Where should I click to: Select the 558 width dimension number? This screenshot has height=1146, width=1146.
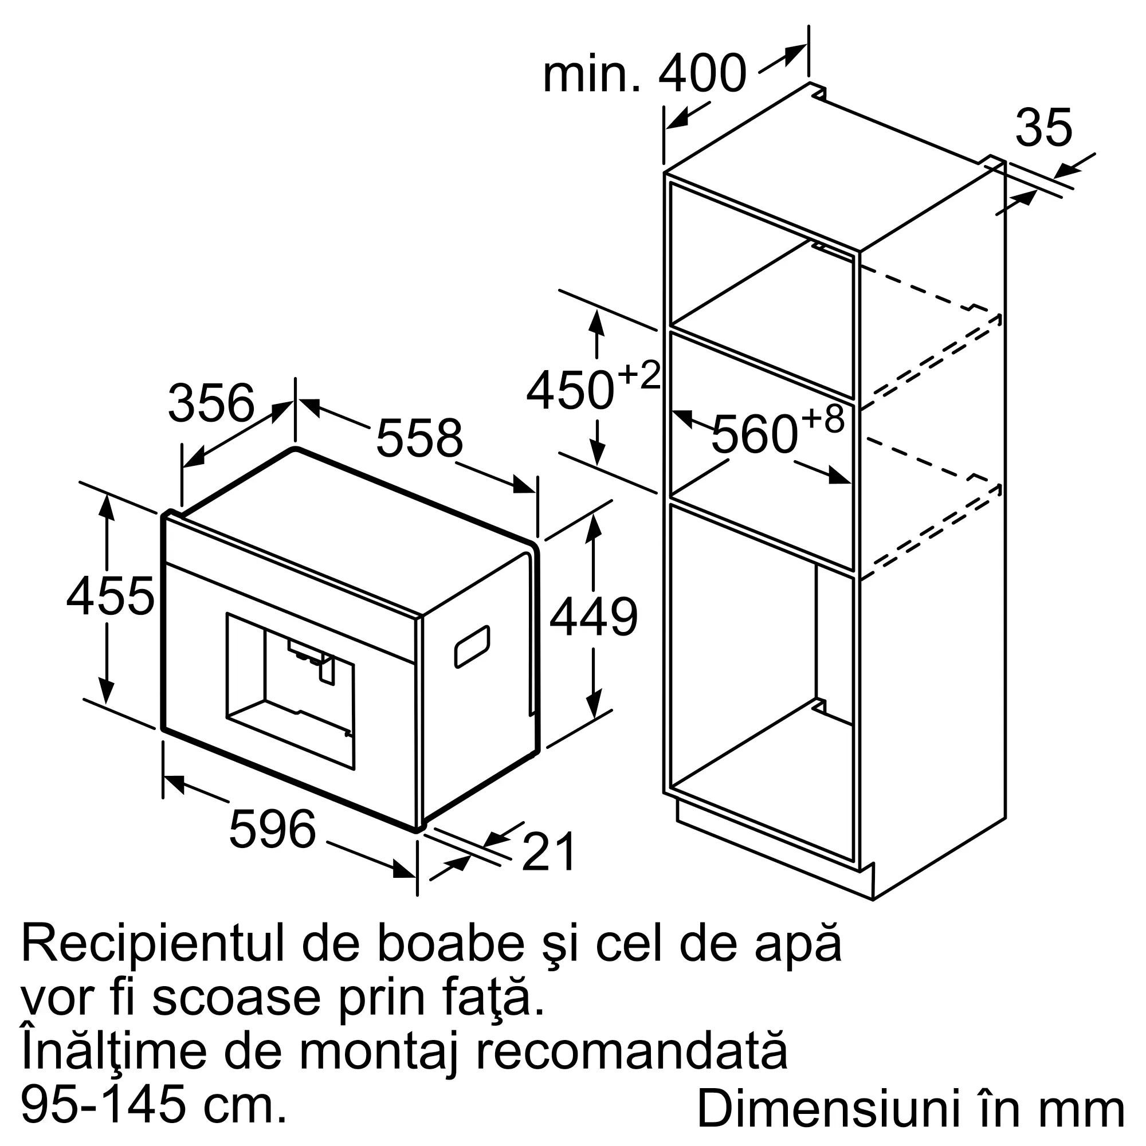click(x=419, y=438)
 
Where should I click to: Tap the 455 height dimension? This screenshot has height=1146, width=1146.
click(x=111, y=595)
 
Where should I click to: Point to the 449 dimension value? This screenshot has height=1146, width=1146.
click(x=593, y=618)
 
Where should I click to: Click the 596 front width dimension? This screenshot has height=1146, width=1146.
click(x=272, y=829)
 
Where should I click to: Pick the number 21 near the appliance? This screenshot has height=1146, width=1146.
click(x=548, y=852)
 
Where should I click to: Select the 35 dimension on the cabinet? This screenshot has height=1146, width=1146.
click(x=1043, y=128)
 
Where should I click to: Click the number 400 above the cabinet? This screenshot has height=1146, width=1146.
click(x=702, y=74)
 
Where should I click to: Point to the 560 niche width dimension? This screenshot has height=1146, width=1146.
click(x=754, y=435)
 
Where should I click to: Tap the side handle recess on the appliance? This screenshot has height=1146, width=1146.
click(x=472, y=646)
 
